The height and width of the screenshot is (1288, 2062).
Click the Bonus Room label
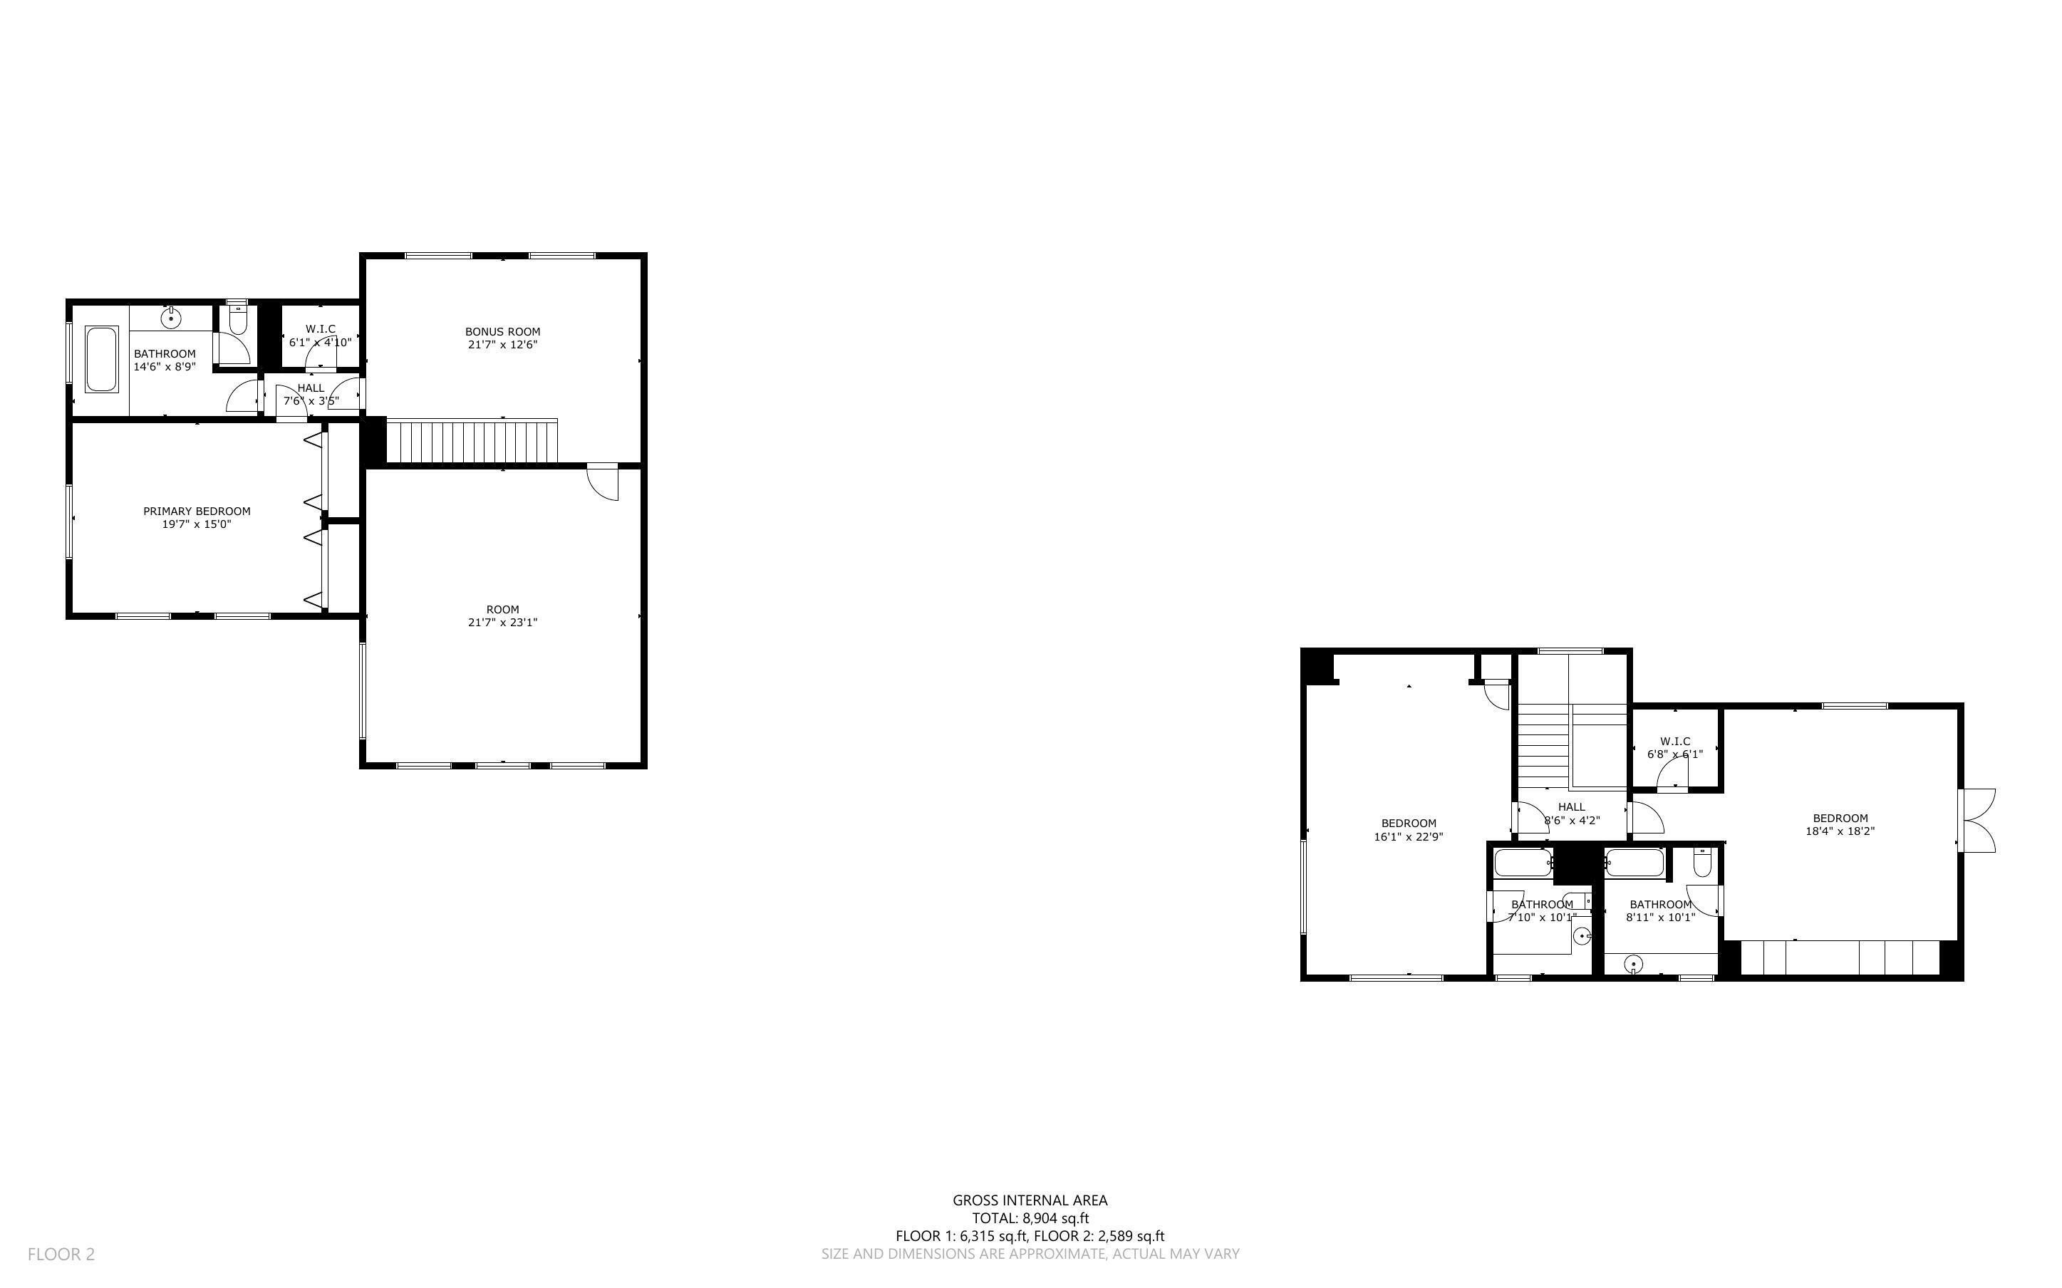coord(502,331)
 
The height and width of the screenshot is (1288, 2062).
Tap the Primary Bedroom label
coord(197,511)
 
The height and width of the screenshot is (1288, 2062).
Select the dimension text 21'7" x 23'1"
coord(502,623)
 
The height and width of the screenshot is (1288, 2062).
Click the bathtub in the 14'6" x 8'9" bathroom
coord(100,360)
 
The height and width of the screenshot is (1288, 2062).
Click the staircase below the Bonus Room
coord(472,441)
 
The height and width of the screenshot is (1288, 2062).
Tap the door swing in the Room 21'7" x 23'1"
coord(603,482)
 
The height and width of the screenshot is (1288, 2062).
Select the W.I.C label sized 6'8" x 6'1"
coord(1674,741)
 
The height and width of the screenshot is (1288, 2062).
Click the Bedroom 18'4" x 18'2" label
coord(1840,819)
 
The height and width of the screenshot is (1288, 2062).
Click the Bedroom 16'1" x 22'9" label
coord(1409,824)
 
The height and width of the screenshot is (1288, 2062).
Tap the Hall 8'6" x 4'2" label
coord(1571,806)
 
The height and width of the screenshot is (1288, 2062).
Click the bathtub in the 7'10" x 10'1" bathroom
coord(1523,863)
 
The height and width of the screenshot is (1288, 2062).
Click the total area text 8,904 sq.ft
coord(1030,1218)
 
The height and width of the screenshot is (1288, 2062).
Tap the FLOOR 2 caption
coord(61,1254)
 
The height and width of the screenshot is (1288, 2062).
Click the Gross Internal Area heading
coord(1030,1200)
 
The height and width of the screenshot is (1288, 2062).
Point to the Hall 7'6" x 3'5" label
coord(311,388)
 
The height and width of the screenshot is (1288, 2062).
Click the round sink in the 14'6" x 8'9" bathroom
coord(172,318)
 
